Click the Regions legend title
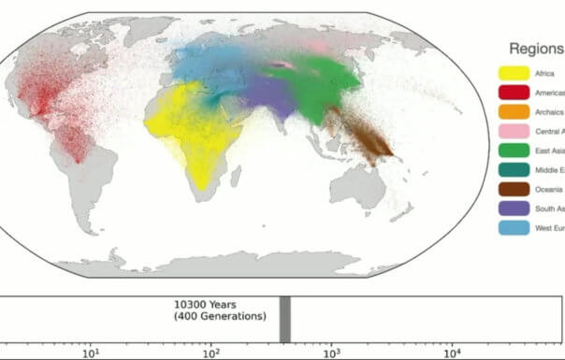[x=536, y=49]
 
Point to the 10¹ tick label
[x=92, y=351]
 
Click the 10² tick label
[x=211, y=351]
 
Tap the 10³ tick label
[x=331, y=351]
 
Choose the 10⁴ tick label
[x=452, y=351]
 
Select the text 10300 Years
[x=211, y=305]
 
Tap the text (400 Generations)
[x=220, y=317]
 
